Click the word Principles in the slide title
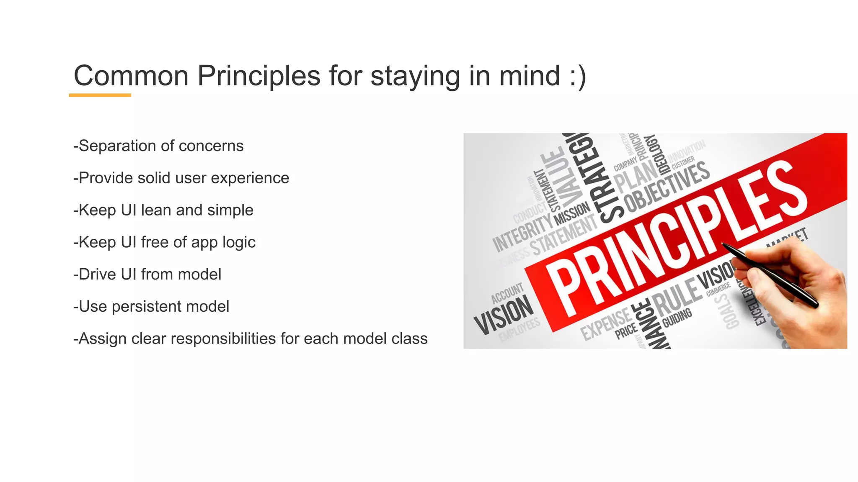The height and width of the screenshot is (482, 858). (258, 76)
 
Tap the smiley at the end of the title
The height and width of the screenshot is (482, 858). (578, 76)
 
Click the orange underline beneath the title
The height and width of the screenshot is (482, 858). (100, 95)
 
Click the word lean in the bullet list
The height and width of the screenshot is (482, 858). (156, 210)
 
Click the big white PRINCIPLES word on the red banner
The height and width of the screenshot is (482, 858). (675, 238)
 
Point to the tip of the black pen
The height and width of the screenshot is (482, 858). (723, 244)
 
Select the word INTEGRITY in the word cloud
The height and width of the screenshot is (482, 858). (522, 232)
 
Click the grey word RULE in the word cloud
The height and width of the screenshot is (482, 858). (676, 297)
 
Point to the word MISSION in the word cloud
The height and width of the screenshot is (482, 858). (572, 213)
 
